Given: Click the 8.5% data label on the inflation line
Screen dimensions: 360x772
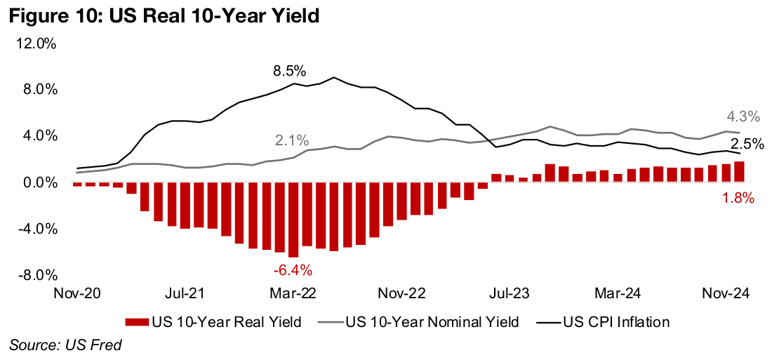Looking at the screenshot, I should tap(290, 72).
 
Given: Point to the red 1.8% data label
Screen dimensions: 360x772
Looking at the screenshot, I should tap(738, 199).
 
